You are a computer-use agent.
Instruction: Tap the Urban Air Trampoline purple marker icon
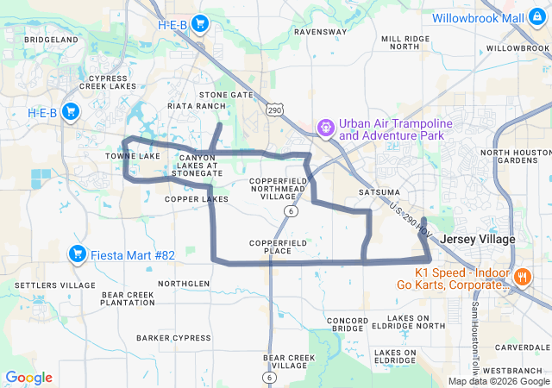(326, 129)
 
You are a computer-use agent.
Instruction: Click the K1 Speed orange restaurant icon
(523, 277)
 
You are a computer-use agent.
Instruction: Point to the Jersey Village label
(477, 239)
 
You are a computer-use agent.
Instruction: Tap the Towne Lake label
(133, 156)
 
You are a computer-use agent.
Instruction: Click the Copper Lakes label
(197, 199)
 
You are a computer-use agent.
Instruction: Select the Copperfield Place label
(279, 247)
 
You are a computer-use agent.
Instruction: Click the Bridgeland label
(52, 40)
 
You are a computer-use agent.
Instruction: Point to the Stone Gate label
(226, 95)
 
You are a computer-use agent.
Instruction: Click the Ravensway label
(320, 31)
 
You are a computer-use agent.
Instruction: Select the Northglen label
(184, 284)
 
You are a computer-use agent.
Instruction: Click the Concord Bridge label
(347, 324)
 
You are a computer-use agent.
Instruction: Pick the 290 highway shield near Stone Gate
(274, 110)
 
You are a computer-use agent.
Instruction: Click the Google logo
(28, 378)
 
